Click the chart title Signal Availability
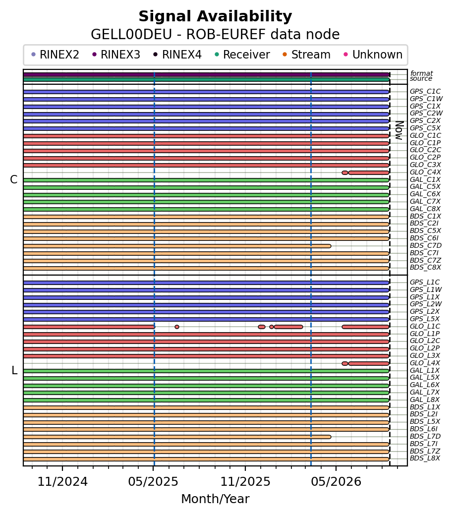[215, 16]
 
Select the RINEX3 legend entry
[116, 55]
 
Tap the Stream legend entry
[306, 55]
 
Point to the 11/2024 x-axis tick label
[62, 482]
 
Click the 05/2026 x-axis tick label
[336, 482]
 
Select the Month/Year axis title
[215, 499]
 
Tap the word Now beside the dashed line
[399, 130]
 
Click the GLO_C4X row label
[425, 172]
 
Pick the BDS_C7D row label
[426, 245]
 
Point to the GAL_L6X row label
[425, 385]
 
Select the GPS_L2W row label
[426, 304]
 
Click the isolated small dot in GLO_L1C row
[177, 327]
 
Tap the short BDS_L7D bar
[177, 437]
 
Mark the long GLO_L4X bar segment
[369, 364]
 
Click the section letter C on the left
[13, 179]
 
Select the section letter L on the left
[14, 370]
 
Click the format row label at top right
[422, 73]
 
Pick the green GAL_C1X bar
[206, 180]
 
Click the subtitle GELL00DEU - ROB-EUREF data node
[215, 35]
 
